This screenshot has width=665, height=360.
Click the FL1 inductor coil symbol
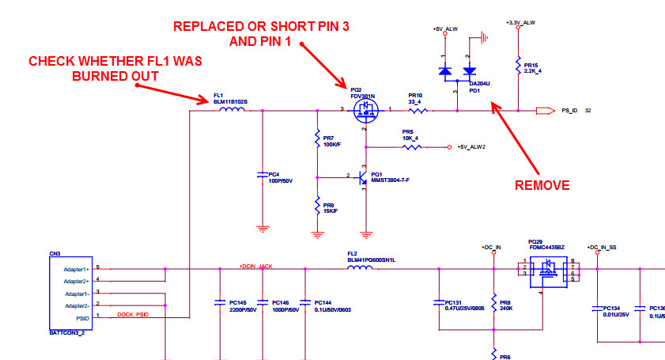(x=232, y=111)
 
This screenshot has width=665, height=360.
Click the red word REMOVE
(x=542, y=185)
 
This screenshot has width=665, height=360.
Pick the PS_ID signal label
(x=572, y=112)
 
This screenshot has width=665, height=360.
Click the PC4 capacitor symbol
(x=262, y=175)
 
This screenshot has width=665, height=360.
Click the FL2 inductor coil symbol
(x=361, y=268)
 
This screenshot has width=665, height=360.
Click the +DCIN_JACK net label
(x=256, y=267)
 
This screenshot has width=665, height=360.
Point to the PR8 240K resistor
(x=493, y=303)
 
